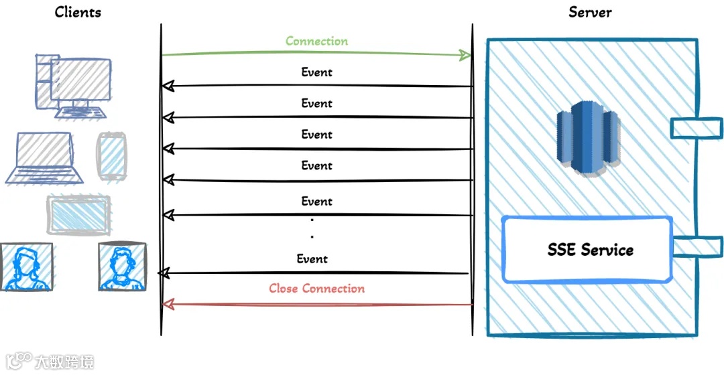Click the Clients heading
click(78, 11)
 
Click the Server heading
click(590, 11)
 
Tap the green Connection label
click(316, 41)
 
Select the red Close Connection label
click(316, 289)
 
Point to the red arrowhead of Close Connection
click(169, 305)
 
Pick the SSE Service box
click(588, 250)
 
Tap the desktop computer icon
click(73, 86)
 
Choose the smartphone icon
click(111, 156)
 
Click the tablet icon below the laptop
click(78, 214)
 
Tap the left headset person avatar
click(25, 267)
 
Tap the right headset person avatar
click(122, 267)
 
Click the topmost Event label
click(316, 72)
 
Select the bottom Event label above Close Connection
click(312, 259)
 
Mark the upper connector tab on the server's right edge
click(697, 127)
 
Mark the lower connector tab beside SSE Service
click(697, 246)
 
